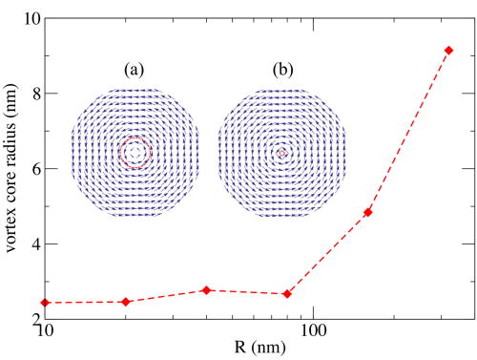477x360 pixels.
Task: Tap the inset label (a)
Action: pyautogui.click(x=134, y=69)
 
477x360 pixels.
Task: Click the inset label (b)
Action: pyautogui.click(x=281, y=69)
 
